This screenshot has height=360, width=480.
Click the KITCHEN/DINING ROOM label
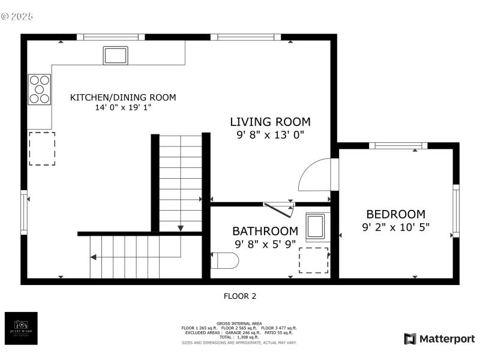tap(123, 97)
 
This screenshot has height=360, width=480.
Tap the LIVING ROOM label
tap(270, 122)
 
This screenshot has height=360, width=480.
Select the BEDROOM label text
tap(395, 214)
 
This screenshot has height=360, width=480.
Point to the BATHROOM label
tap(265, 231)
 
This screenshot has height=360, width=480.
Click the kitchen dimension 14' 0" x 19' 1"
tap(123, 108)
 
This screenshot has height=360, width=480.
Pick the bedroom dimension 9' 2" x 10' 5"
tap(395, 227)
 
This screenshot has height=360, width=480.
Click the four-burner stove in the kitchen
tap(39, 89)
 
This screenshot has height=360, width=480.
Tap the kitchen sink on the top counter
tap(116, 55)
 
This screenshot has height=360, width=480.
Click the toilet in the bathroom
tap(225, 260)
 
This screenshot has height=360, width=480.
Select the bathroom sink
tap(316, 227)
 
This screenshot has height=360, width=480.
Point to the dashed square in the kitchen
tap(41, 149)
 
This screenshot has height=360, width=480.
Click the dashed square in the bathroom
tap(313, 260)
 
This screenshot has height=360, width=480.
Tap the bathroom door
tap(279, 208)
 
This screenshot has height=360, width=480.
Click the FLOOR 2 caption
tap(240, 296)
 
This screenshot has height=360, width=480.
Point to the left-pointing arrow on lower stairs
tap(94, 257)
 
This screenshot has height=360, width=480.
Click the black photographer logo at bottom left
tap(21, 328)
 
